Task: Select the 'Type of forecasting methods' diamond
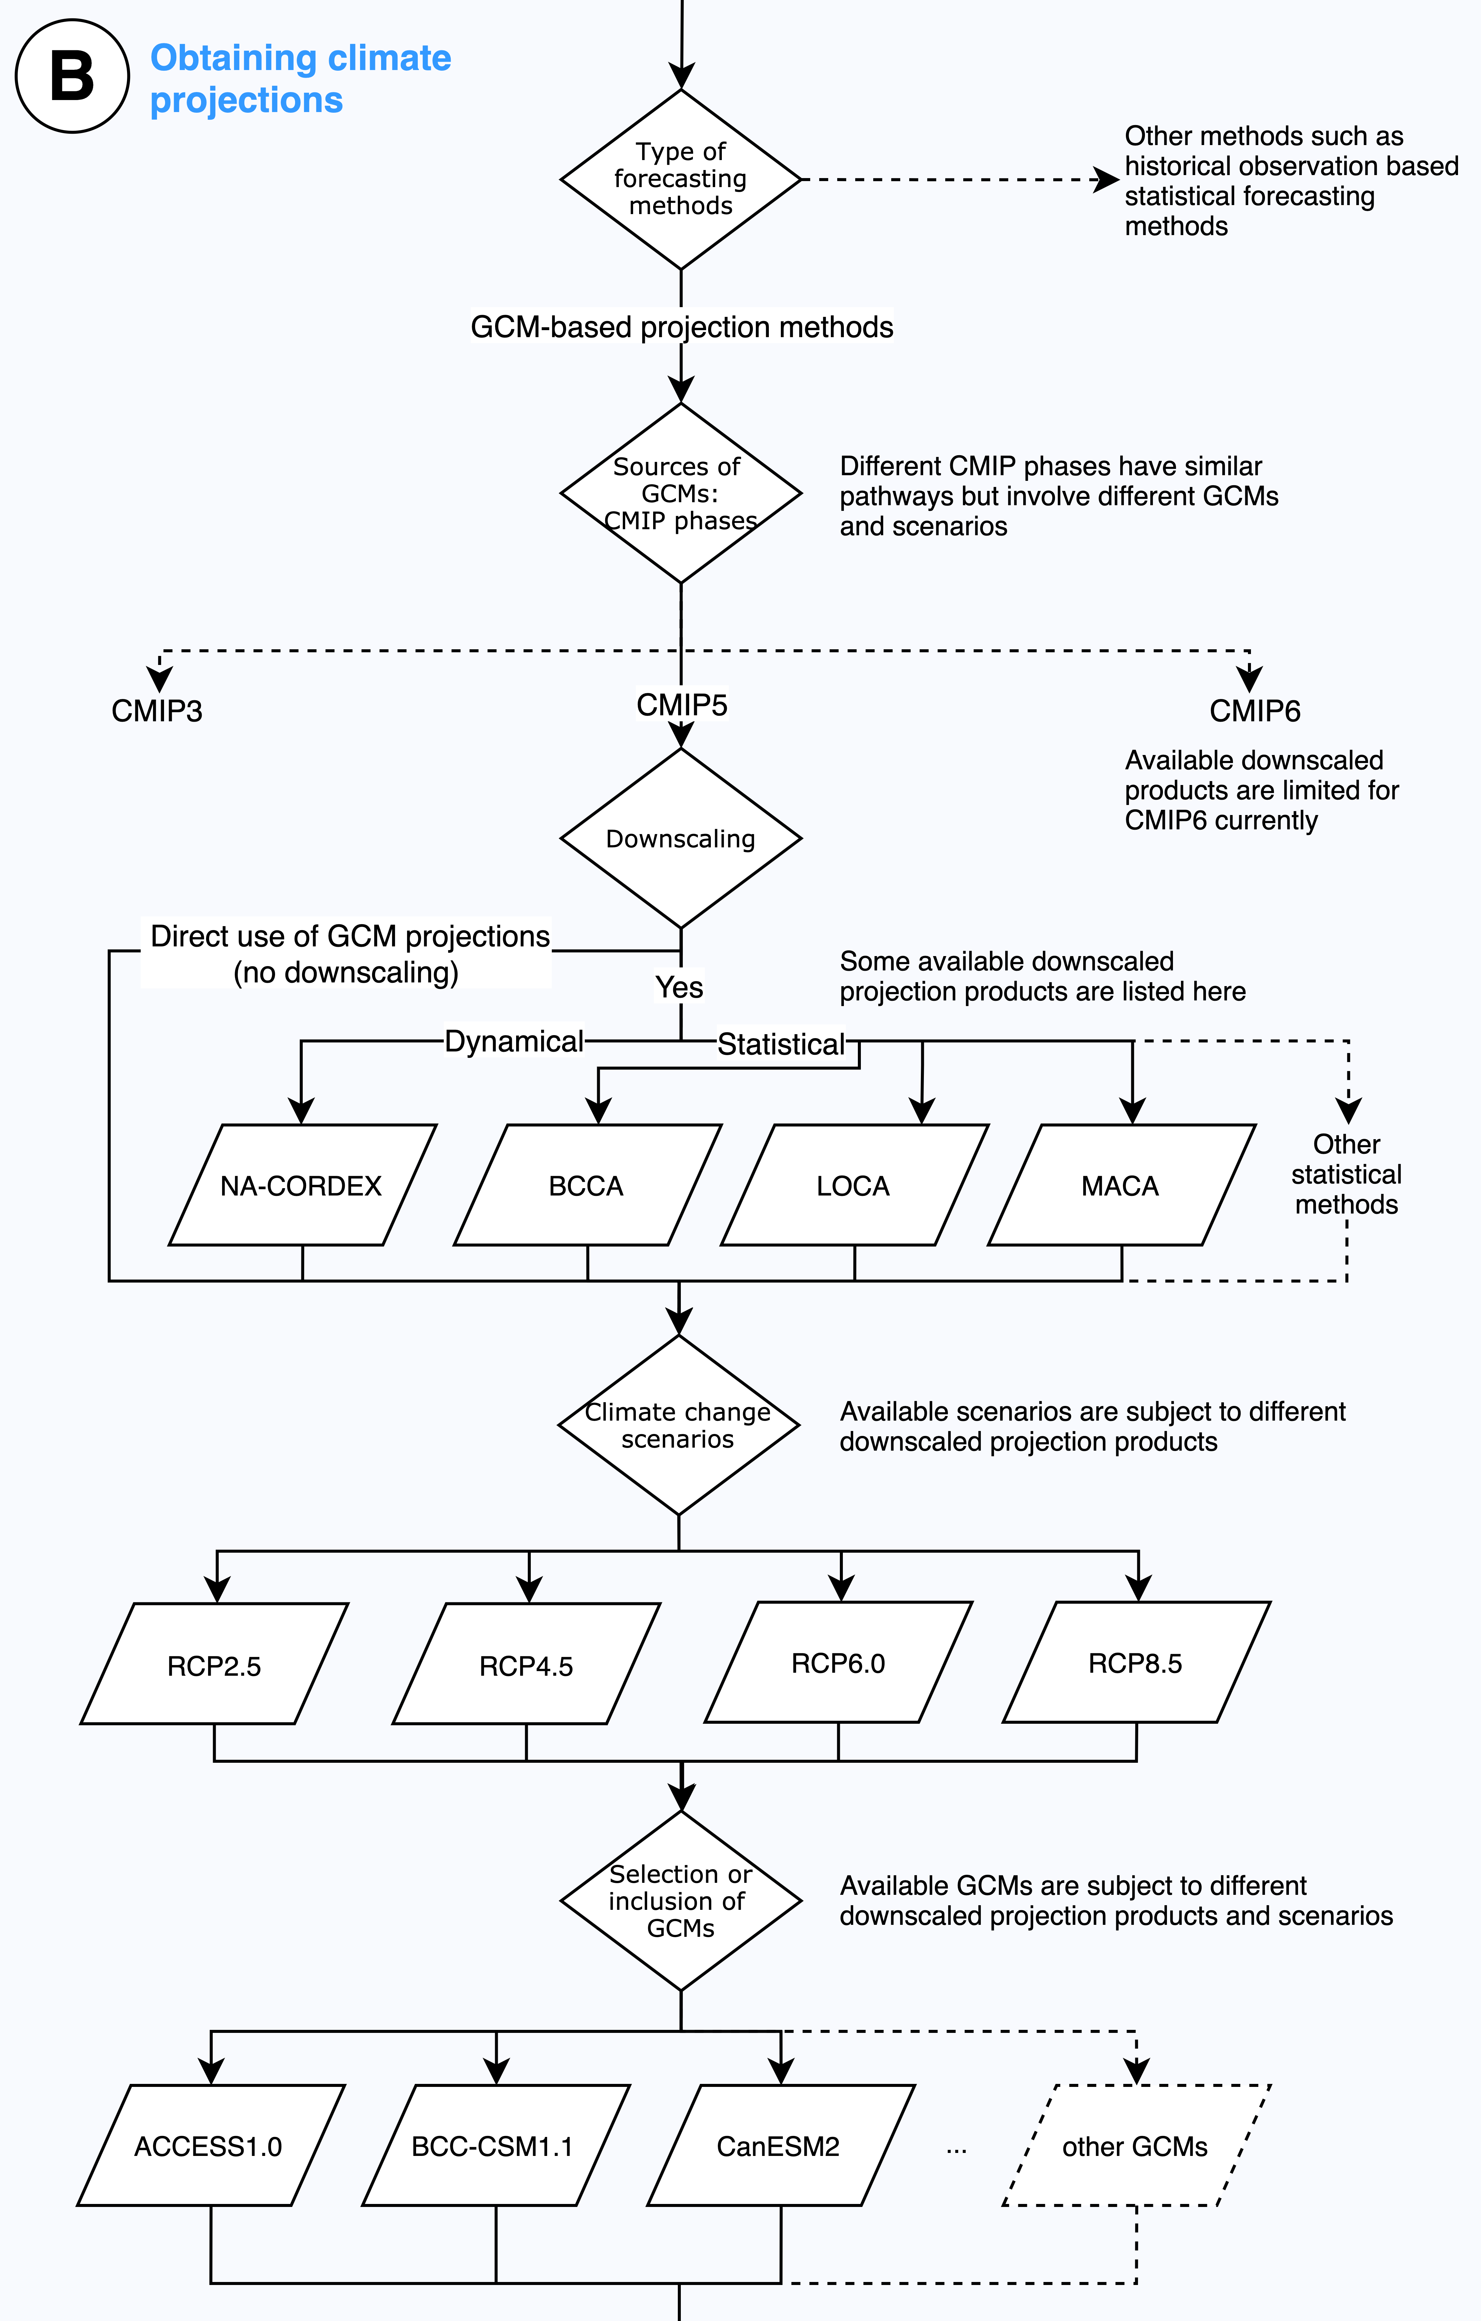pos(681,179)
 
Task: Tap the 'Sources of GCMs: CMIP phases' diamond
pos(681,493)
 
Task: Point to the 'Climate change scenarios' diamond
pos(679,1425)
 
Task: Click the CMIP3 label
pos(157,711)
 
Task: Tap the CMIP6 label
pos(1255,711)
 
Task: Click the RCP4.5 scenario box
pos(526,1664)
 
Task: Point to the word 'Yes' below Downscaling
pos(679,987)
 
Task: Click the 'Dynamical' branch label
pos(513,1041)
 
